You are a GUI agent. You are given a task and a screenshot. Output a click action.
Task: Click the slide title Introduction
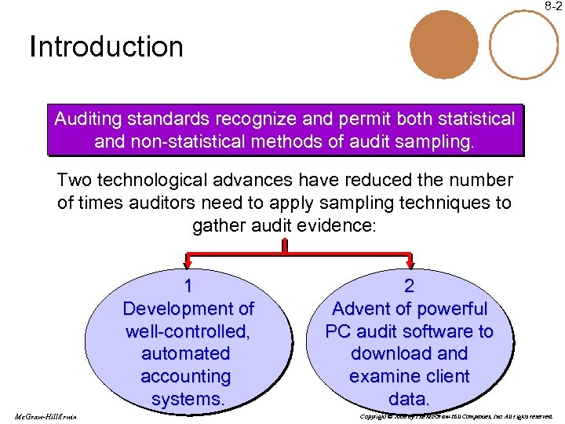[x=106, y=47]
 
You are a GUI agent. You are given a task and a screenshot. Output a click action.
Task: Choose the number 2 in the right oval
[x=409, y=286]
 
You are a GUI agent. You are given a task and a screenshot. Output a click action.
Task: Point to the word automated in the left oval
[x=186, y=354]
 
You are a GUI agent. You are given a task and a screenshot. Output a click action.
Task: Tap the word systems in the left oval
[x=187, y=400]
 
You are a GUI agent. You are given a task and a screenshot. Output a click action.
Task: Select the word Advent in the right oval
[x=363, y=309]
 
